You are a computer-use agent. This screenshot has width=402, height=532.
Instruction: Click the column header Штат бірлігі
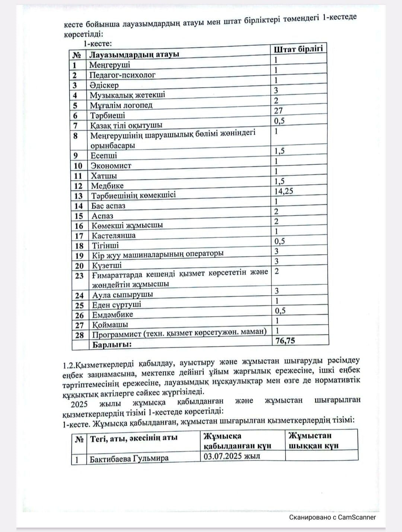[x=298, y=49]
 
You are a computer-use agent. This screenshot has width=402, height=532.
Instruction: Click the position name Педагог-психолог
[x=122, y=75]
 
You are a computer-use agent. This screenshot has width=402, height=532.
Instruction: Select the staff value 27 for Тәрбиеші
[x=278, y=111]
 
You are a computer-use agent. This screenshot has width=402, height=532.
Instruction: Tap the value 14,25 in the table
[x=284, y=191]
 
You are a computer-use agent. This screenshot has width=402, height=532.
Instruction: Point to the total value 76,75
[x=285, y=341]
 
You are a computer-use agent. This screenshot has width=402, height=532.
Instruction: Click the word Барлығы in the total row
[x=112, y=345]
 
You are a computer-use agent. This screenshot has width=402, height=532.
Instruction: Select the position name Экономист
[x=111, y=166]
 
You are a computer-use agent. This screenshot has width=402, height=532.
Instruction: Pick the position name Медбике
[x=107, y=186]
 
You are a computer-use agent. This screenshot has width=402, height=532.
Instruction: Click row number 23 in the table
[x=79, y=276]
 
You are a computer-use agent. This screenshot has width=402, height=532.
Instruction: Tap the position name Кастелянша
[x=114, y=236]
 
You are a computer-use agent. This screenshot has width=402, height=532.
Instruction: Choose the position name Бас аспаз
[x=108, y=206]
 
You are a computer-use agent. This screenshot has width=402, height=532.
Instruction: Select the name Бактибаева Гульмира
[x=129, y=459]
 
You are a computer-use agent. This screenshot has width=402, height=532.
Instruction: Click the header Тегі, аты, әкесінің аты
[x=134, y=439]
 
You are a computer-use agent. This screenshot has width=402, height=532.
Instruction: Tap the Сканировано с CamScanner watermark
[x=332, y=517]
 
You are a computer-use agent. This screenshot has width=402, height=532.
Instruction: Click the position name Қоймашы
[x=110, y=325]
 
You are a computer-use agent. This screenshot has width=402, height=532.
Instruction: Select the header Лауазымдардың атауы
[x=134, y=54]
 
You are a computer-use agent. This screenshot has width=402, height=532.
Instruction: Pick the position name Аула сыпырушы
[x=122, y=295]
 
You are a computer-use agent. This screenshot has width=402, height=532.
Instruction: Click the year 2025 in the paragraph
[x=79, y=404]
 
